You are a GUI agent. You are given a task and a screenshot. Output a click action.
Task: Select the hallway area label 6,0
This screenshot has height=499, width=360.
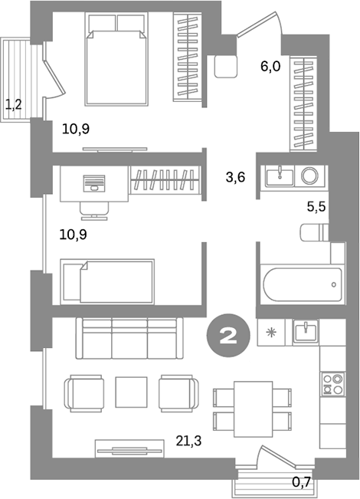[270, 66]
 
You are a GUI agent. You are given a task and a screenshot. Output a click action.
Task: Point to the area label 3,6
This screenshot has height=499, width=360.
[236, 178]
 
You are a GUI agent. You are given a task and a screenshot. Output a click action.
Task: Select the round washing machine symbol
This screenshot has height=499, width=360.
[310, 176]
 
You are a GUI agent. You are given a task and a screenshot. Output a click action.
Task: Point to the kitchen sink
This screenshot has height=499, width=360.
[305, 332]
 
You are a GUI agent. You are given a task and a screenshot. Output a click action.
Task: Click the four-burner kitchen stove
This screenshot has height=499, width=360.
[333, 383]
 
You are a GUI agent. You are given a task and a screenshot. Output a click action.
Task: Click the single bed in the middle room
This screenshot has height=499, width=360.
[108, 281]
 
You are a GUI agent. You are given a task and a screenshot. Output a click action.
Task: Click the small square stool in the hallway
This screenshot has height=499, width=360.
[226, 67]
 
